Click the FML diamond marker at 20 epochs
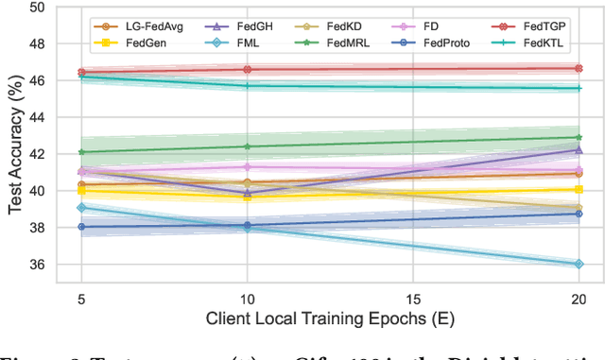click(578, 265)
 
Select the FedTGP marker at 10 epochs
click(247, 69)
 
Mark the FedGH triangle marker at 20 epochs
click(578, 150)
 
